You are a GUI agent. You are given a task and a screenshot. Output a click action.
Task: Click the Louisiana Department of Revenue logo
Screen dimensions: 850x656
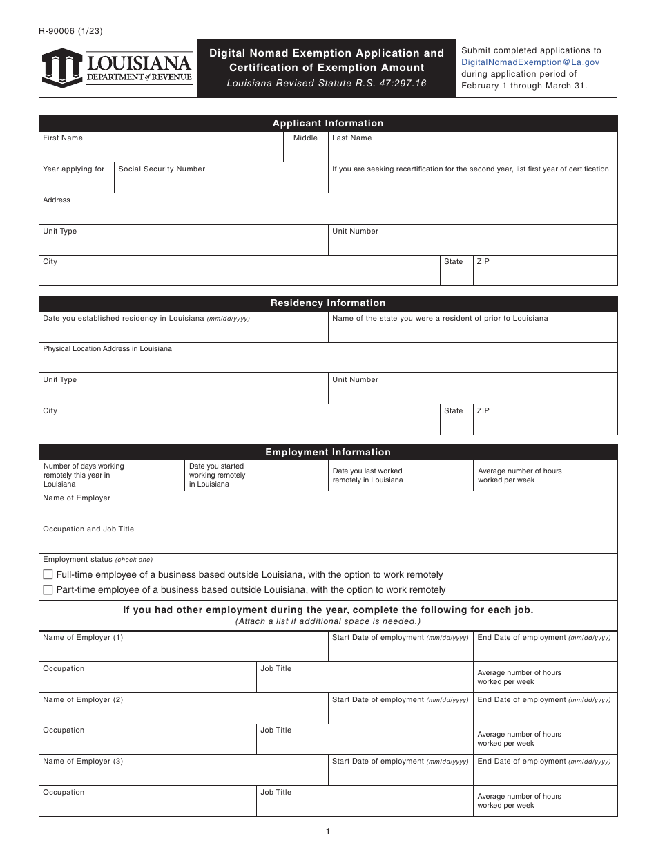coord(117,68)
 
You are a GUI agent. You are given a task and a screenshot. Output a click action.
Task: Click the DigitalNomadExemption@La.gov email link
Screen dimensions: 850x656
coord(530,62)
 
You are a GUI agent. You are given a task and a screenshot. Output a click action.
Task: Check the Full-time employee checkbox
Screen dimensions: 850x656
coord(48,575)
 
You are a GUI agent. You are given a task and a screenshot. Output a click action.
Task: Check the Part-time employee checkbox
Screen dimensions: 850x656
coord(48,590)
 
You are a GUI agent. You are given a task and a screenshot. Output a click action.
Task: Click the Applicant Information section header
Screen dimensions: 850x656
coord(328,124)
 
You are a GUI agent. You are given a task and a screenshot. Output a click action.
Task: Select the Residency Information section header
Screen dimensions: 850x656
coord(328,303)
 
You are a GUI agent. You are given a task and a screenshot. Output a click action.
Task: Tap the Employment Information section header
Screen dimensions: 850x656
coord(328,453)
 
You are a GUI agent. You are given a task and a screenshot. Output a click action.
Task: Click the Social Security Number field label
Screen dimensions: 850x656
coord(162,169)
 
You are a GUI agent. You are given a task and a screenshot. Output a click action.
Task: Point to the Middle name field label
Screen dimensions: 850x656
coord(305,138)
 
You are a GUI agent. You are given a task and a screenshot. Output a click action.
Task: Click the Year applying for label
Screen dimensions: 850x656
coord(74,169)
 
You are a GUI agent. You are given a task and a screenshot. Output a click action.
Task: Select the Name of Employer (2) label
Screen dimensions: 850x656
coord(83,700)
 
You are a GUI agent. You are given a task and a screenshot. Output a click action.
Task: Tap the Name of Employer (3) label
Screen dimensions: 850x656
coord(83,762)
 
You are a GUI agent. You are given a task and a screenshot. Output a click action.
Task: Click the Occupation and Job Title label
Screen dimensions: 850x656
coord(88,529)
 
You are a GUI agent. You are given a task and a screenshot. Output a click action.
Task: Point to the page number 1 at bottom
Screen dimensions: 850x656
coord(328,831)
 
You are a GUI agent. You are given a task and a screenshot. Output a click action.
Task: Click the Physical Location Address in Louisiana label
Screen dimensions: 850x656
coord(107,349)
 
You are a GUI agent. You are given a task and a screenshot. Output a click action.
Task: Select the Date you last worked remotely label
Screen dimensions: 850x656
coord(367,475)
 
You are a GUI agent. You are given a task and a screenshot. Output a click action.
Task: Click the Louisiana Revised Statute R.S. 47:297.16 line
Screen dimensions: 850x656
coord(327,84)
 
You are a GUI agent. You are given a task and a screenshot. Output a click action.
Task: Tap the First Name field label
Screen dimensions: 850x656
coord(63,138)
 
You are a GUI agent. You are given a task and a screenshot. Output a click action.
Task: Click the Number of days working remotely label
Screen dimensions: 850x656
coord(84,475)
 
